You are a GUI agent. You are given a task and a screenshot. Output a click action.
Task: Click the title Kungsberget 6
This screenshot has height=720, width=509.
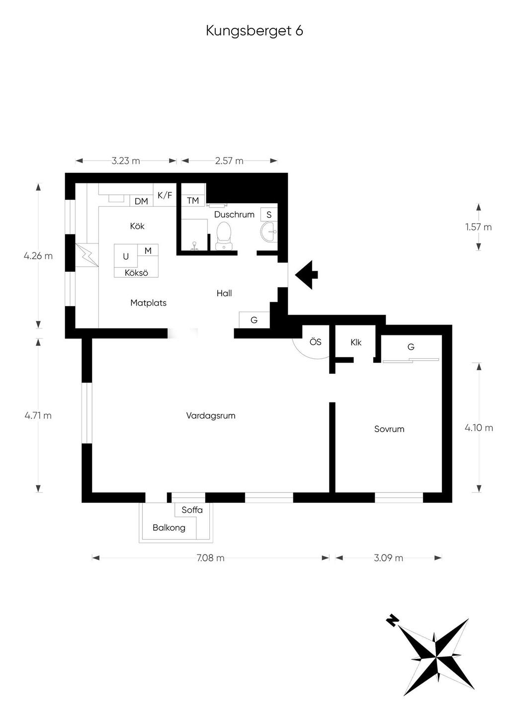[254, 31]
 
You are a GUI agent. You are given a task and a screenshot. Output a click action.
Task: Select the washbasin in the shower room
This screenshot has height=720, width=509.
[268, 231]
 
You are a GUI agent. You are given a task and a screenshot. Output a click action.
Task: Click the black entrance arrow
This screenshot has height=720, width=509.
[306, 275]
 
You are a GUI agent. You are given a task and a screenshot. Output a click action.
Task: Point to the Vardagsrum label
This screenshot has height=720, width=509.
[211, 415]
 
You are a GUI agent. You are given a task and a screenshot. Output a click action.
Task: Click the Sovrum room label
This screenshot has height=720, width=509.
[389, 429]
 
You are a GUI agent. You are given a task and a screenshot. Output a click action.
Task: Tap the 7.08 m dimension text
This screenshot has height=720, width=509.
[210, 558]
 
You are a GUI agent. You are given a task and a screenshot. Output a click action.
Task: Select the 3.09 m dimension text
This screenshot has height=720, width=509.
[388, 558]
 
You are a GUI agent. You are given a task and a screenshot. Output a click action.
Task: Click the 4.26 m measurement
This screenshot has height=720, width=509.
[38, 256]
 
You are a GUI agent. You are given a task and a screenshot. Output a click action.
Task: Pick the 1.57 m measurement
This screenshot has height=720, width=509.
[479, 227]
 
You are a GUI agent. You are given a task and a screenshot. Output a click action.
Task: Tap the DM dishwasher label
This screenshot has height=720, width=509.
[141, 201]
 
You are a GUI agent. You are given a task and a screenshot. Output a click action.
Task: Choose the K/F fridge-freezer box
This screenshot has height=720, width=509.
[165, 195]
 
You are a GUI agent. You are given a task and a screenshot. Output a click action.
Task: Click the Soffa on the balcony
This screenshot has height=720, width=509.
[192, 510]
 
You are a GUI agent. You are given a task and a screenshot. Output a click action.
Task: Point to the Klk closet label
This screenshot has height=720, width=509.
[356, 343]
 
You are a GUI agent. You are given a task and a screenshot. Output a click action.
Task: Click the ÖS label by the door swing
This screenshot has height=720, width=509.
[316, 342]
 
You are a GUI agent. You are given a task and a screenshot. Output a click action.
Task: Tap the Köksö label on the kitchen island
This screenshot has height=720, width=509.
[136, 273]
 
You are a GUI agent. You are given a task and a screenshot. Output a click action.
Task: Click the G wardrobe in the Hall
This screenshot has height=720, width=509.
[254, 320]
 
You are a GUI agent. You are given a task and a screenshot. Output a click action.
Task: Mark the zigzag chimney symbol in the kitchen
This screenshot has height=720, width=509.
[87, 254]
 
